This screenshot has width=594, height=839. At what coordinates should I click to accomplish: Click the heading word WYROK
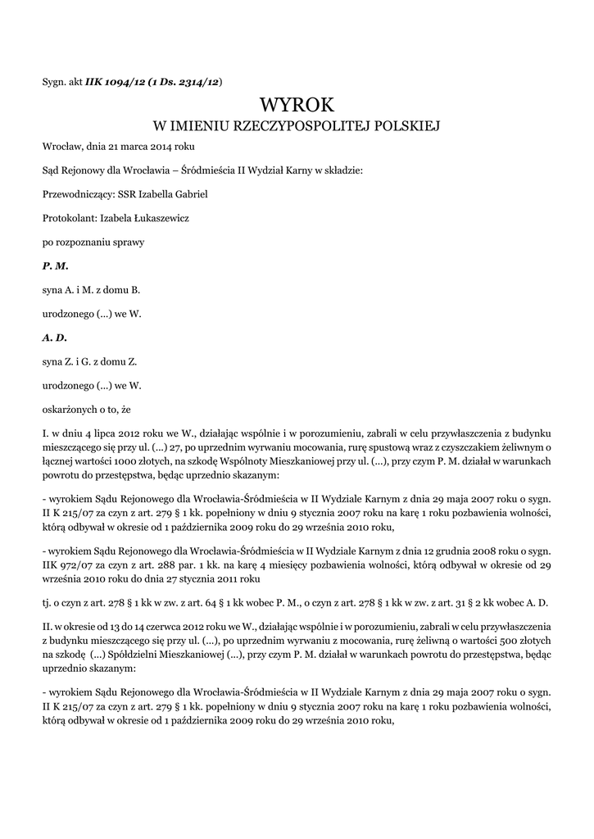click(297, 105)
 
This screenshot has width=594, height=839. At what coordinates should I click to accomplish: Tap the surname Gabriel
click(189, 194)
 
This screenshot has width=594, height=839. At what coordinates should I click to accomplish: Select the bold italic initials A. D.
click(55, 337)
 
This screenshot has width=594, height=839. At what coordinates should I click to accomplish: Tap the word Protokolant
click(69, 218)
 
